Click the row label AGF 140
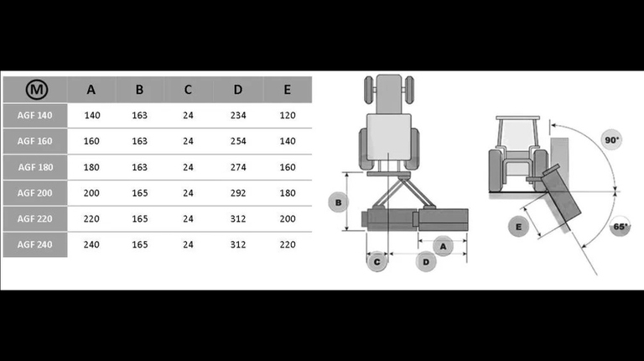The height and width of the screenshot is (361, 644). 34,116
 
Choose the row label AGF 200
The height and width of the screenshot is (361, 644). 34,193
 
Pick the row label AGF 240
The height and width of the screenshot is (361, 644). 34,244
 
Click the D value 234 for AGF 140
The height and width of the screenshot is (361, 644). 238,116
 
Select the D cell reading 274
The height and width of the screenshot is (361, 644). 238,167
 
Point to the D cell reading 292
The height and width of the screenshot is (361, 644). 238,193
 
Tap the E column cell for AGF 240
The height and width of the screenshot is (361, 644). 287,244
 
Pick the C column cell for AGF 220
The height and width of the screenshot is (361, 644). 188,219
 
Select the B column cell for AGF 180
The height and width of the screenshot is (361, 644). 139,167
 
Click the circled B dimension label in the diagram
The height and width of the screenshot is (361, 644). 337,202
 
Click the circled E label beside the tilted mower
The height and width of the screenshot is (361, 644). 519,227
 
